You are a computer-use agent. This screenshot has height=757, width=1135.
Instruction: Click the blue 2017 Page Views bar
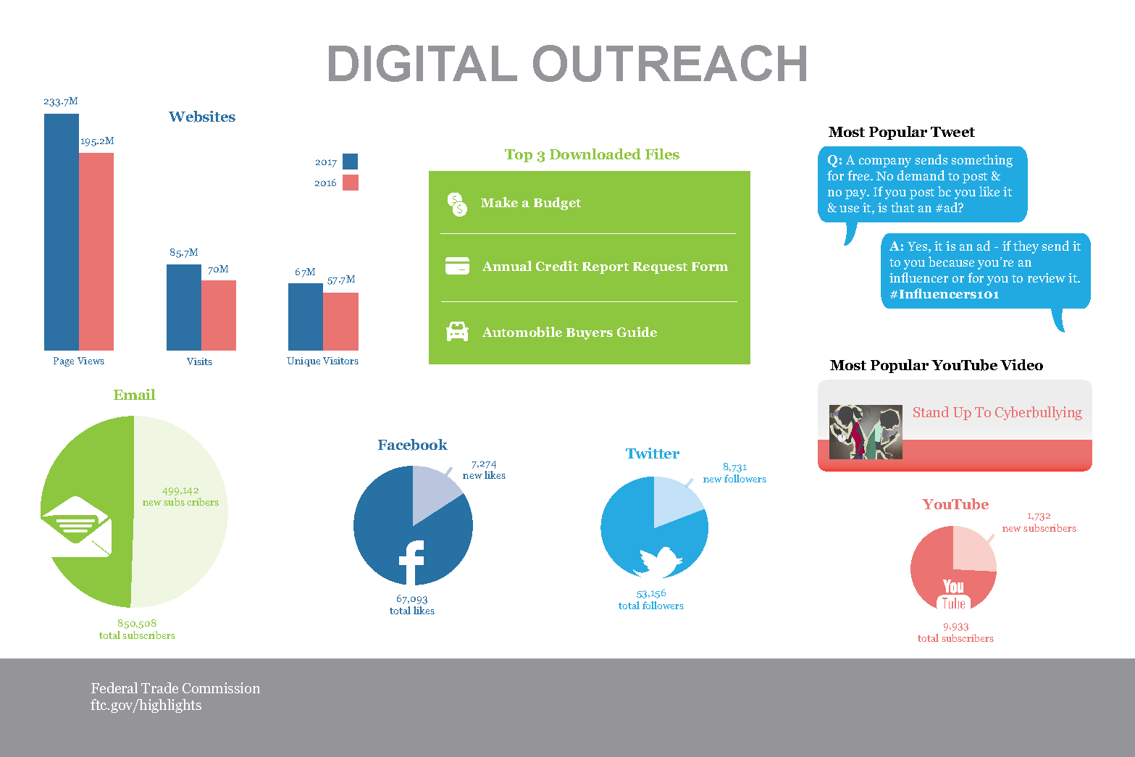(x=62, y=232)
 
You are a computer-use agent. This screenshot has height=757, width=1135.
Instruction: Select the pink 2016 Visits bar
(x=219, y=315)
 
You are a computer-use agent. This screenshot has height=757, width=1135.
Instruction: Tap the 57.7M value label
(x=341, y=280)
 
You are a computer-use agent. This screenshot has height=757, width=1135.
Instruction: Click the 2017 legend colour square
(x=350, y=162)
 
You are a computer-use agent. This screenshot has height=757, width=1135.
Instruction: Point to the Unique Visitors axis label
(x=322, y=361)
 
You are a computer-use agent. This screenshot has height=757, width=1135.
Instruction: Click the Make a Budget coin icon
(x=457, y=204)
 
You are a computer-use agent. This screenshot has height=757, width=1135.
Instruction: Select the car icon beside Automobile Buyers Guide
(x=457, y=332)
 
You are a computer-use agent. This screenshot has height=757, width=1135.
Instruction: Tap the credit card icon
(x=457, y=266)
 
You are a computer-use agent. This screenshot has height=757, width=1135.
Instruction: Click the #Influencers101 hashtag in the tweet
(x=944, y=294)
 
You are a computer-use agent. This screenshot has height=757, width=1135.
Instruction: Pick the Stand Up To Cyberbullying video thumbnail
(x=866, y=432)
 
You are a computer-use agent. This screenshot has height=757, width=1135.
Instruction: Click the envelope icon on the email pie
(x=75, y=526)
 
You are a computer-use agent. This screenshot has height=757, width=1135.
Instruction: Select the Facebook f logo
(x=411, y=562)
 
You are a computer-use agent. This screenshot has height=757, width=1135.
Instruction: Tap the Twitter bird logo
(x=659, y=561)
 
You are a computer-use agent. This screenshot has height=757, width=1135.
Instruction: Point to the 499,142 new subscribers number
(x=180, y=490)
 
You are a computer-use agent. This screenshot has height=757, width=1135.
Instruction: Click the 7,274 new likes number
(x=484, y=464)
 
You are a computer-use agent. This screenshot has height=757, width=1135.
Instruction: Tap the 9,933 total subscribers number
(x=955, y=627)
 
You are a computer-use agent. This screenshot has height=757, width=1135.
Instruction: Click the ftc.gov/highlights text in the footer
(x=146, y=705)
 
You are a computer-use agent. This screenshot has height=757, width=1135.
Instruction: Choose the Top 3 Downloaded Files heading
(x=592, y=154)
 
